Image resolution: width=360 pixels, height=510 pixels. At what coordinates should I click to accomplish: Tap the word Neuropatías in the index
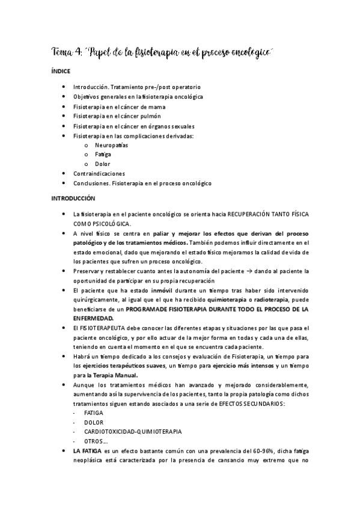(111, 145)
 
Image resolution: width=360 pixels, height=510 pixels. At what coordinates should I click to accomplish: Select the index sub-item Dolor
(102, 164)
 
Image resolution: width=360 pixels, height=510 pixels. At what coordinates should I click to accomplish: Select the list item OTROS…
(96, 441)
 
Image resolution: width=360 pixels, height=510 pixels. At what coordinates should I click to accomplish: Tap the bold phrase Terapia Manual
(122, 376)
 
